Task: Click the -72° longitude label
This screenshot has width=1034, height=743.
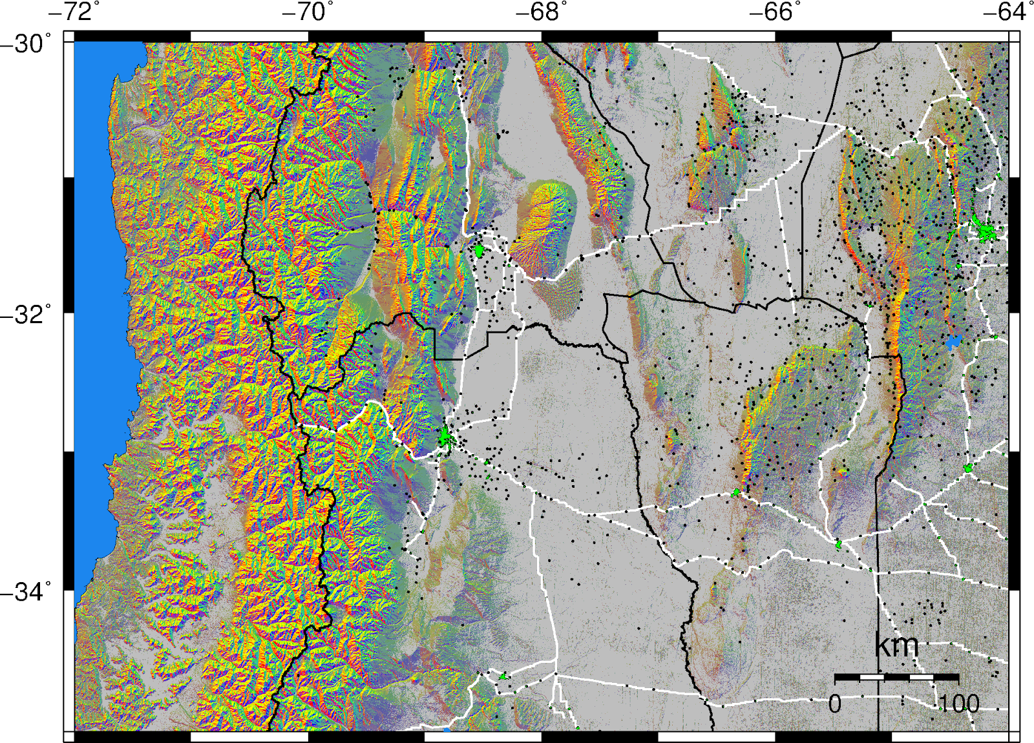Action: pyautogui.click(x=74, y=12)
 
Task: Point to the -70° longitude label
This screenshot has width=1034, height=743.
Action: pyautogui.click(x=308, y=12)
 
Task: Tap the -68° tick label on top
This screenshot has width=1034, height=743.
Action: pyautogui.click(x=542, y=12)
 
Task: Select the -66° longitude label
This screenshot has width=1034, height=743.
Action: pyautogui.click(x=775, y=12)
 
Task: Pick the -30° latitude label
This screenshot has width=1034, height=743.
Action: pyautogui.click(x=26, y=44)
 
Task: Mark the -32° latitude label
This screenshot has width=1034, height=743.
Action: pyautogui.click(x=26, y=315)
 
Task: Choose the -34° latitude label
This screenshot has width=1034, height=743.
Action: pyautogui.click(x=26, y=591)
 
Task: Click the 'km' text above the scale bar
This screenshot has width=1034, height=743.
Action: pyautogui.click(x=896, y=645)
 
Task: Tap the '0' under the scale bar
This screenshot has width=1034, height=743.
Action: pyautogui.click(x=835, y=704)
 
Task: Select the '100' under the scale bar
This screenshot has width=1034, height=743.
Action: pyautogui.click(x=958, y=704)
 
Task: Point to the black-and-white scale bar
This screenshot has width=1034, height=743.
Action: pyautogui.click(x=896, y=677)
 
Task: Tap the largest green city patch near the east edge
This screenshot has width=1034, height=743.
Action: pyautogui.click(x=986, y=231)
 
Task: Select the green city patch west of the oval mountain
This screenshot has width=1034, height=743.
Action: pyautogui.click(x=479, y=249)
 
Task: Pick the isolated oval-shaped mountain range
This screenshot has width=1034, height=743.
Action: pyautogui.click(x=543, y=220)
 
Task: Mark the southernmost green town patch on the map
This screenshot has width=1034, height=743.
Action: pyautogui.click(x=503, y=676)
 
